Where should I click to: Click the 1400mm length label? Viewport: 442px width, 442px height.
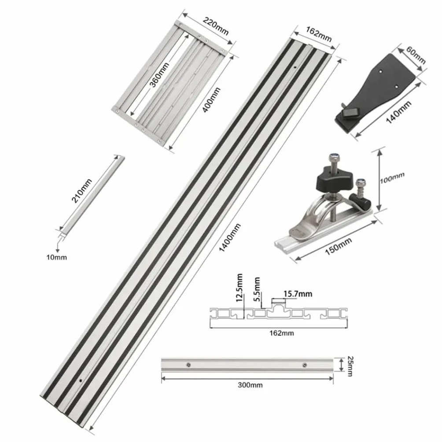230,238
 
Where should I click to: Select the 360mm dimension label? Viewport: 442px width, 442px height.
159,75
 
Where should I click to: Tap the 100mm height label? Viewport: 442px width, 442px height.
392,178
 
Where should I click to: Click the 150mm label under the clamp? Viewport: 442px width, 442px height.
338,246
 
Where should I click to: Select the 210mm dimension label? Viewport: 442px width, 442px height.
81,191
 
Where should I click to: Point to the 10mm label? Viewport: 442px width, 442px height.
57,257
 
